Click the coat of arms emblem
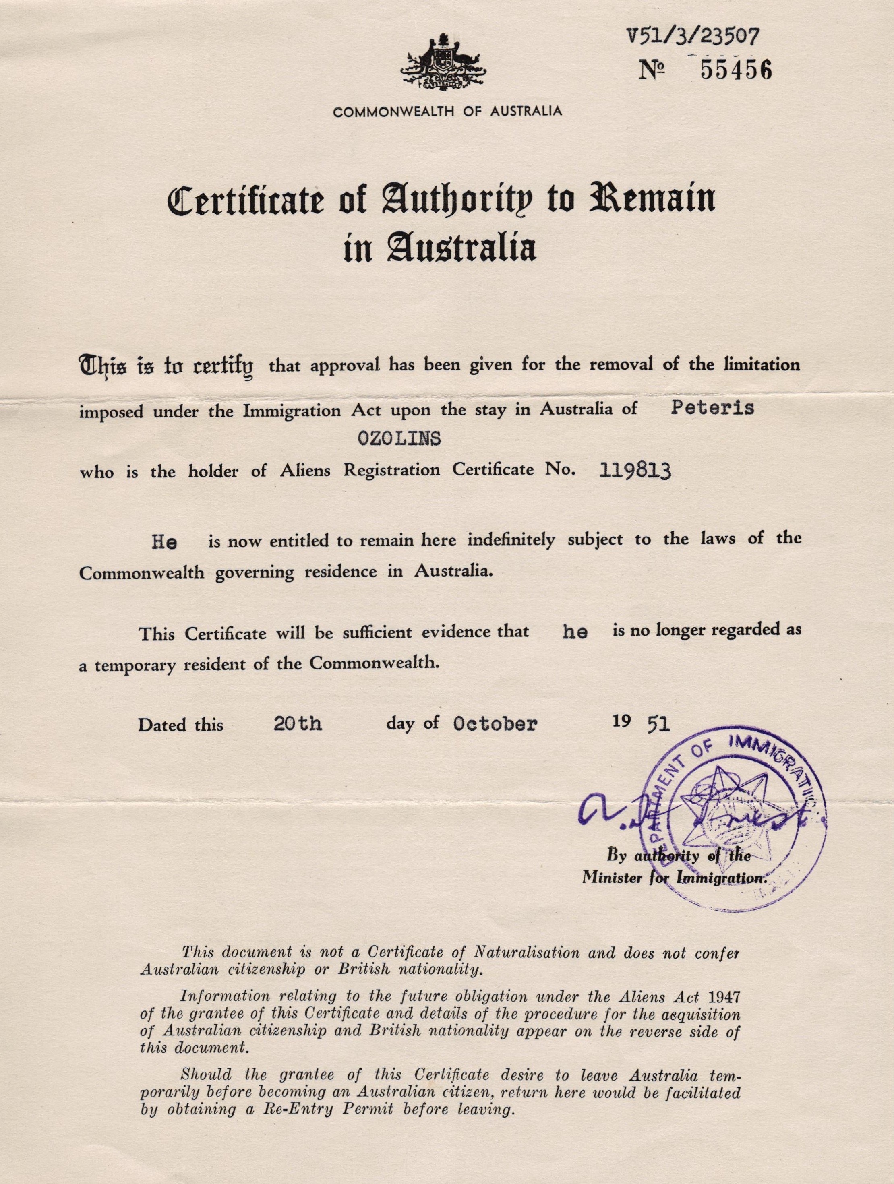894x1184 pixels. click(x=444, y=62)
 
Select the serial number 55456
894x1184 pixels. click(x=736, y=70)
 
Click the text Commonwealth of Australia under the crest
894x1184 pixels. click(x=447, y=112)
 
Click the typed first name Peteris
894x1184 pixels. click(x=712, y=408)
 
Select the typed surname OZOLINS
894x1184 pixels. click(x=399, y=438)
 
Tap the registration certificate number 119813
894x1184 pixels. click(x=635, y=470)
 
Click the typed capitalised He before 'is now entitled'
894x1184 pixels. click(x=164, y=542)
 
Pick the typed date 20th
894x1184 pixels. click(x=297, y=724)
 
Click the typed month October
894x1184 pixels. click(x=494, y=724)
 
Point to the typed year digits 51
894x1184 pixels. click(x=658, y=724)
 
